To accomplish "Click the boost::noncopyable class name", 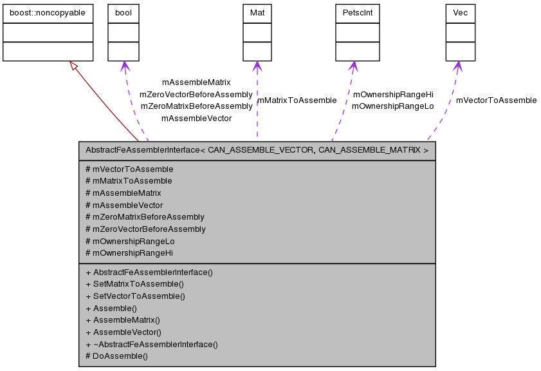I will coord(48,13).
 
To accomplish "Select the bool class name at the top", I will coord(123,13).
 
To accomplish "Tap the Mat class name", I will coord(257,13).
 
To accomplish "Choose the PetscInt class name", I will coord(353,13).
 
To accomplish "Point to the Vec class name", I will coord(460,13).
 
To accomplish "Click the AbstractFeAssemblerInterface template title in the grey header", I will coord(257,151).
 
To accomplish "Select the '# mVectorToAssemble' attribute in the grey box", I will coord(129,169).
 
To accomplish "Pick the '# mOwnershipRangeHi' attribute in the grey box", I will coord(129,253).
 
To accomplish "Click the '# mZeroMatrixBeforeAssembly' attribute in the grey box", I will coord(145,217).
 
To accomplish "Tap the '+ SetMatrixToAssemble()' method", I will coord(134,284).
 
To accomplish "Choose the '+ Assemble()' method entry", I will coord(111,309).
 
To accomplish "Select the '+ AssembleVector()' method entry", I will coord(123,332).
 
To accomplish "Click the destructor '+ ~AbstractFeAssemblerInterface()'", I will coord(151,345).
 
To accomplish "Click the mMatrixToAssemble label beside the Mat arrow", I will coord(297,100).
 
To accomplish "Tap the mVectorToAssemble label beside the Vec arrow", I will coord(496,100).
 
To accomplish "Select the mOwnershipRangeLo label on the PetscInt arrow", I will coord(392,106).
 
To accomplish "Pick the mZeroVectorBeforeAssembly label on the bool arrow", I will coord(196,95).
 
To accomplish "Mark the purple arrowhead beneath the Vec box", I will coord(458,66).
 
